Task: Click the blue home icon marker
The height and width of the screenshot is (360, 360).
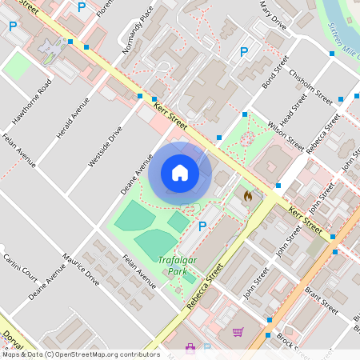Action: [x=180, y=172]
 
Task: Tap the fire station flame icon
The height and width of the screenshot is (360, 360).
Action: [x=247, y=194]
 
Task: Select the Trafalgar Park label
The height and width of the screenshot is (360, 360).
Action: [x=177, y=265]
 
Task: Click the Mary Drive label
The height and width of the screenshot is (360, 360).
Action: [x=272, y=14]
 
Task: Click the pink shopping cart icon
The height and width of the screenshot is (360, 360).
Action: [x=238, y=332]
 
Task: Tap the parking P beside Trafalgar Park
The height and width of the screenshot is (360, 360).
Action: [x=202, y=226]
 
